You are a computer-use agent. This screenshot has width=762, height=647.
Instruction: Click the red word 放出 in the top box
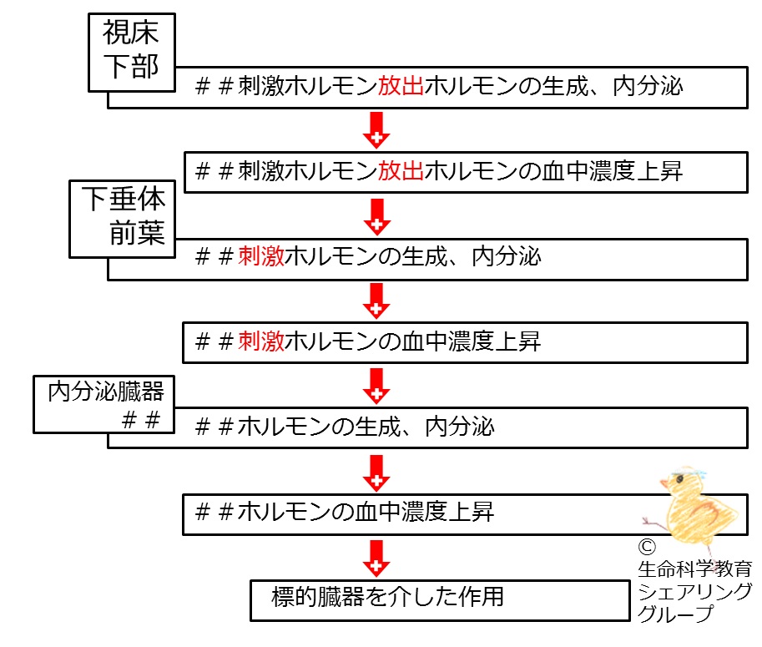tap(401, 87)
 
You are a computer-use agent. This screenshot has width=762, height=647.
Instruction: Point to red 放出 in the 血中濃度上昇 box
tap(401, 171)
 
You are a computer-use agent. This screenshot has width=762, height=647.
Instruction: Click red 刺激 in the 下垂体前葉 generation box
tap(261, 256)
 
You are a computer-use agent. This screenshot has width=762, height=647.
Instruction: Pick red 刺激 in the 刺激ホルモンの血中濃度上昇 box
tap(261, 341)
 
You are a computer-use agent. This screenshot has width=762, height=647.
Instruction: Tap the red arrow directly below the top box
tap(376, 129)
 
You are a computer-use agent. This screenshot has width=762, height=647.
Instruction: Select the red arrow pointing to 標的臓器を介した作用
tap(376, 559)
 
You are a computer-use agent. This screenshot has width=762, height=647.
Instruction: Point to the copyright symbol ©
tap(647, 548)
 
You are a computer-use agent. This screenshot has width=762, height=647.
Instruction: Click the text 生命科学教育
tap(695, 569)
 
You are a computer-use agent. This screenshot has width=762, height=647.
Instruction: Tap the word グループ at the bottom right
tap(675, 614)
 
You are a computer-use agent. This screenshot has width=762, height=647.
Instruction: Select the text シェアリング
tap(695, 591)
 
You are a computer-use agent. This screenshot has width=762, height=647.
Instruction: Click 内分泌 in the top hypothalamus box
tap(648, 87)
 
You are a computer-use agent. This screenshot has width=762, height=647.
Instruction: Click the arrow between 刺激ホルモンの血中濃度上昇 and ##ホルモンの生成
tap(376, 386)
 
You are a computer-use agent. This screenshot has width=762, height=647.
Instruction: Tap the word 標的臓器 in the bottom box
tap(318, 597)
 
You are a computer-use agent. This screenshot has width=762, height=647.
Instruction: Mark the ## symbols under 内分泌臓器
tap(141, 420)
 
